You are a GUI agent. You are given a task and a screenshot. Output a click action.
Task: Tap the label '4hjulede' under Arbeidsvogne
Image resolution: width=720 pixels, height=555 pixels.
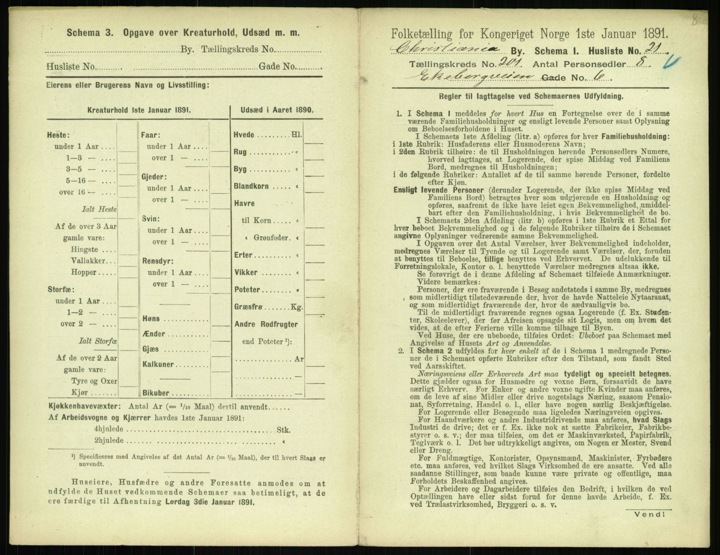[x=108, y=430]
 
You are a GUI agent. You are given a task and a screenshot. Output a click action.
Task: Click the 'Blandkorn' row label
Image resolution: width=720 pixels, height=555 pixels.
[x=251, y=187]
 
